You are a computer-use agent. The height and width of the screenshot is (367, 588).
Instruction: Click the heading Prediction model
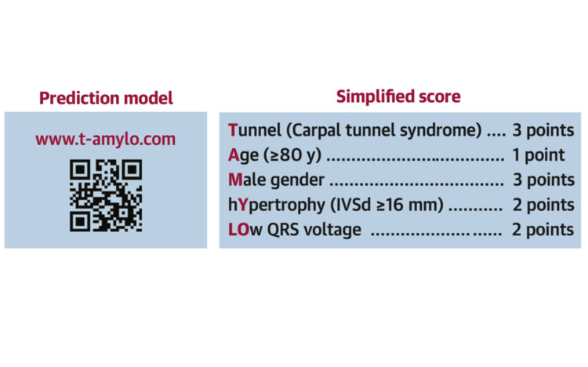coord(106,98)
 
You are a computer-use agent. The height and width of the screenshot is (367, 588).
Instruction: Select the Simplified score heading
coord(398,97)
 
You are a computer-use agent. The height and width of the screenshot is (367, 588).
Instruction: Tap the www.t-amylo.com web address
coord(105,140)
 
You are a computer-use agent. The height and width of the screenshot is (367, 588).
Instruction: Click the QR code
coord(106,195)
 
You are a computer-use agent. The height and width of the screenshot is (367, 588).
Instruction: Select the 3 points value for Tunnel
coord(543,129)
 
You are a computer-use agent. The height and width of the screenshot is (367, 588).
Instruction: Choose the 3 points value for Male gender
coord(543,180)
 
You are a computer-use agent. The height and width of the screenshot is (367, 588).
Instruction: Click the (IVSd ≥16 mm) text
coord(381,205)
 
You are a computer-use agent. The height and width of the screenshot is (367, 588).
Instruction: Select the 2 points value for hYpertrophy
coord(543,205)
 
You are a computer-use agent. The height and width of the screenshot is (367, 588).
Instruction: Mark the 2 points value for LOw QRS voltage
coord(543,231)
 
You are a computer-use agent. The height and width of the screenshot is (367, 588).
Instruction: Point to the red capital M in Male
coord(235,180)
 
